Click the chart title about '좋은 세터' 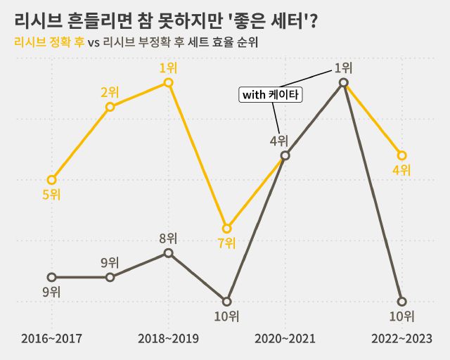tap(165, 20)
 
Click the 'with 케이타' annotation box tap(271, 95)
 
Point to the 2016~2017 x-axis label tap(51, 339)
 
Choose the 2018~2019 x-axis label tap(168, 339)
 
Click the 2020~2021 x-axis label tap(285, 339)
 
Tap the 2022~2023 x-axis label tap(401, 339)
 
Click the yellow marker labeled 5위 tap(51, 180)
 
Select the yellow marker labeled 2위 tap(110, 107)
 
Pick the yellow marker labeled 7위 tap(226, 229)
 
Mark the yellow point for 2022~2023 tap(401, 155)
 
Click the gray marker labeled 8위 tap(168, 253)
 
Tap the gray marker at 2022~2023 tap(401, 302)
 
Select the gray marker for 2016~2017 tap(51, 277)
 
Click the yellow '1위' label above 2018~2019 tap(168, 68)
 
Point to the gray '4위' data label tap(278, 140)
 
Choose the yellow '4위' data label tap(401, 170)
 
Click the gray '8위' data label tap(168, 238)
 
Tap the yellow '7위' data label tap(226, 243)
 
